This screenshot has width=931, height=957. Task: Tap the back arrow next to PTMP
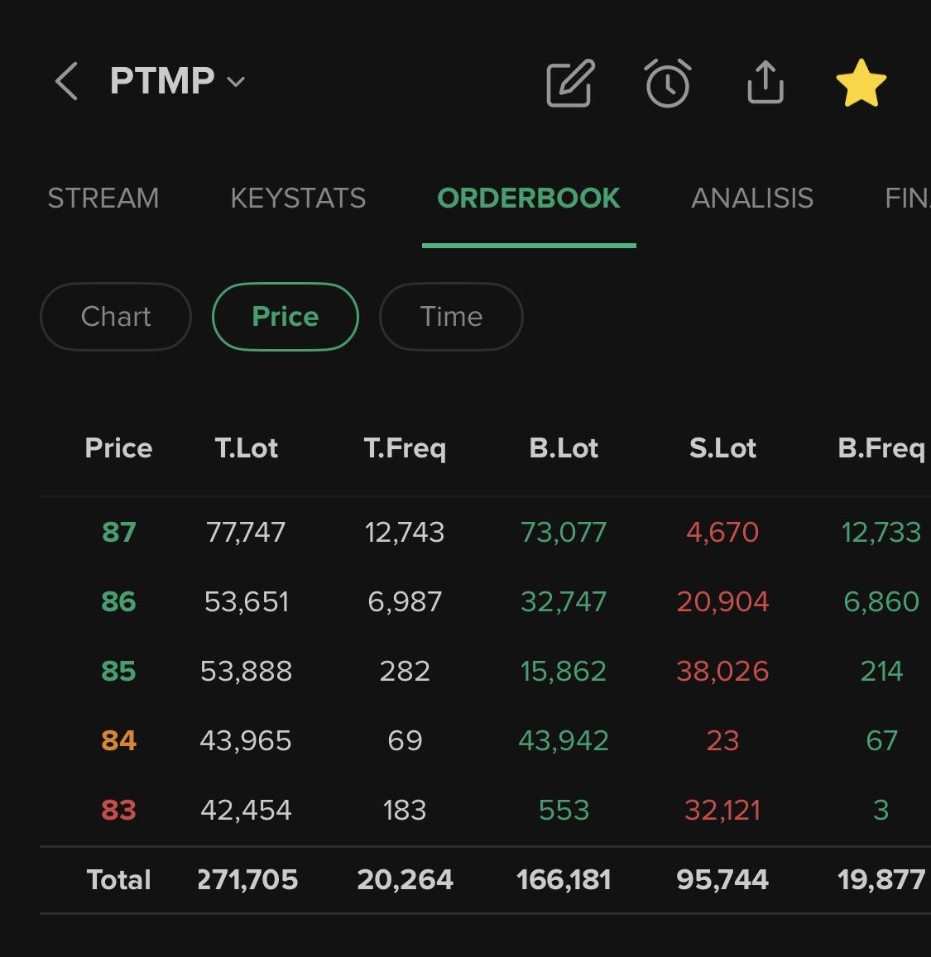pos(66,82)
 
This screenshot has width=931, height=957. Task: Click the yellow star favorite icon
pos(861,83)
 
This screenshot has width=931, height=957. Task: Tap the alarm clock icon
pos(668,83)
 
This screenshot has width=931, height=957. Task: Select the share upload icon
pos(765,83)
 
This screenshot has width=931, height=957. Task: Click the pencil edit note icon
pos(571,83)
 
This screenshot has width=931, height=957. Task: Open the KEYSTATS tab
pos(298,199)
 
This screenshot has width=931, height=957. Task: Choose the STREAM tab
pos(103,199)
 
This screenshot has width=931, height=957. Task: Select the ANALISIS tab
pos(752,199)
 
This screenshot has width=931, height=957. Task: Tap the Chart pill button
pos(116,317)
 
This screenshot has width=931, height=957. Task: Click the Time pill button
pos(451,317)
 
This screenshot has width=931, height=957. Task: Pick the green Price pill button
pos(286,317)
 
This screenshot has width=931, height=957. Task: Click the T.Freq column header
pos(405,448)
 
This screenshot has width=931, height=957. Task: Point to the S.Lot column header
pos(722,448)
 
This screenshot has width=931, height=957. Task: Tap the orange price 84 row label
pos(118,740)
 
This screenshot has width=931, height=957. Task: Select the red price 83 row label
pos(118,810)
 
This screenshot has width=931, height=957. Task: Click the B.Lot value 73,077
pos(564,532)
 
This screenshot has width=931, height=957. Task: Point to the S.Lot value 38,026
pos(722,671)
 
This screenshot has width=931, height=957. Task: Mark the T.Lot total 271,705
pos(247,879)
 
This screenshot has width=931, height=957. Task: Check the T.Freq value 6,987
pos(405,601)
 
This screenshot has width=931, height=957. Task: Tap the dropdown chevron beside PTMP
pos(236,82)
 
